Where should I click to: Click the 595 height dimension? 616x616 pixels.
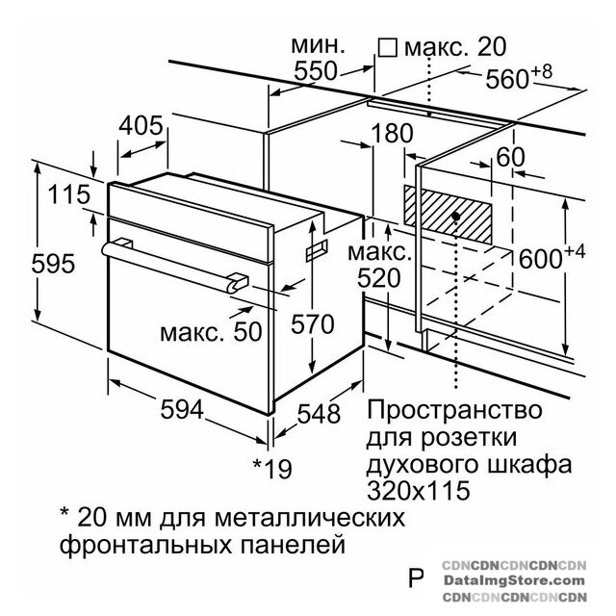(x=53, y=263)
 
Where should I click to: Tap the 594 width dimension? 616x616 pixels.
(x=182, y=409)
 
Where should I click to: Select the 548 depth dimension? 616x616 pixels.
(x=319, y=413)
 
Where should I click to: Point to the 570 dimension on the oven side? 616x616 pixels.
(x=312, y=324)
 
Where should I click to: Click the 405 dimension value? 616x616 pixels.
(x=141, y=126)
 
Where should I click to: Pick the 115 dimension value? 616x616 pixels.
(x=69, y=194)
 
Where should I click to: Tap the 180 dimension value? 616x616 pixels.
(x=392, y=133)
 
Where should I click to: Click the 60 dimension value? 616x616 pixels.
(x=511, y=157)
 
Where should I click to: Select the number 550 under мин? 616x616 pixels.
(x=316, y=71)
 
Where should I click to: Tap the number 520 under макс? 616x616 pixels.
(x=378, y=278)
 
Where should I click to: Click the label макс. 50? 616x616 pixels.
(x=211, y=332)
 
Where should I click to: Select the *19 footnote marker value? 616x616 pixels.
(x=272, y=468)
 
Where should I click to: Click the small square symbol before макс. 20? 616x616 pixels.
(x=387, y=47)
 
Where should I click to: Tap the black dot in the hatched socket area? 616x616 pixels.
(x=455, y=216)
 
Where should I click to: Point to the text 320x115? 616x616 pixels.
(x=418, y=490)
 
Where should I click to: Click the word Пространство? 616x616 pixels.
(x=454, y=410)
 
